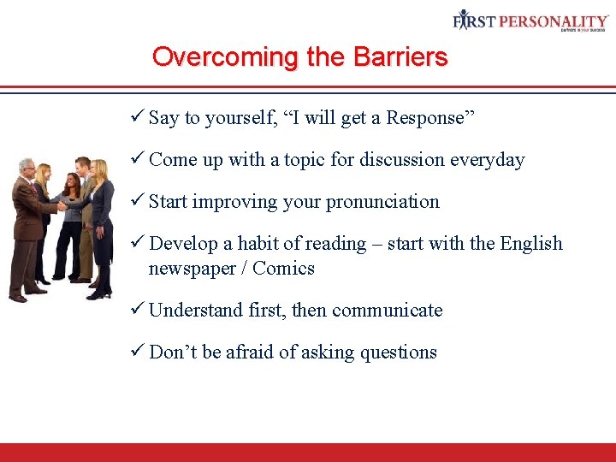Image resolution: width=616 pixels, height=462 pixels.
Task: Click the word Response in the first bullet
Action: [425, 118]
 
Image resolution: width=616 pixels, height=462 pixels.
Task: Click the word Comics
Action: [283, 269]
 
